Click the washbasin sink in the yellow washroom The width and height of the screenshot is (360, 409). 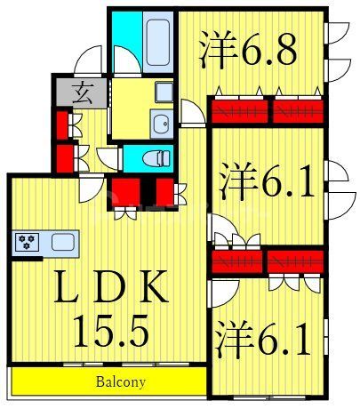161,124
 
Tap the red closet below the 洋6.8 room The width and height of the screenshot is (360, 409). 267,112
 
